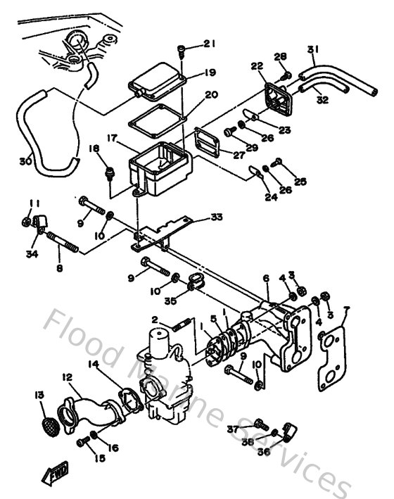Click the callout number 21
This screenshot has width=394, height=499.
click(x=210, y=45)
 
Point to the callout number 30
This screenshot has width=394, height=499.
click(x=25, y=161)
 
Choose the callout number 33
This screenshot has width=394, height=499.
click(x=215, y=217)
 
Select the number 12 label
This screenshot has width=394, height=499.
click(x=68, y=377)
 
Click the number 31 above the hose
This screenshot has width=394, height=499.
click(x=312, y=49)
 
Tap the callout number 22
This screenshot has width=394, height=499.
click(x=256, y=66)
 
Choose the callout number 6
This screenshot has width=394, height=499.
click(x=266, y=279)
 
